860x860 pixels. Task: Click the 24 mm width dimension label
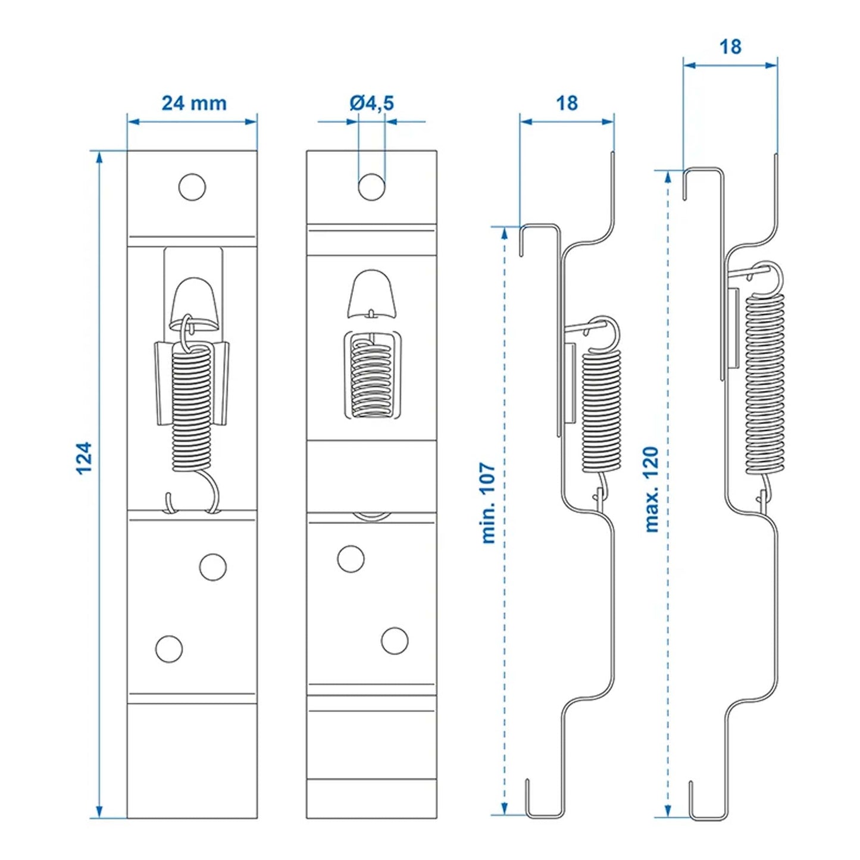tap(194, 103)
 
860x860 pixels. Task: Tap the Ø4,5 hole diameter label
tap(371, 103)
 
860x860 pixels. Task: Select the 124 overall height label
tap(85, 458)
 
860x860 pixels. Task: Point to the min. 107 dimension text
tap(489, 503)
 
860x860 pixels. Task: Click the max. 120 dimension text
tap(652, 489)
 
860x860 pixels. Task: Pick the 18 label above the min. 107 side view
tap(567, 103)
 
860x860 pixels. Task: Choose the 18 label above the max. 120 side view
tap(730, 46)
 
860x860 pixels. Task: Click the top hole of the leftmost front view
tap(192, 187)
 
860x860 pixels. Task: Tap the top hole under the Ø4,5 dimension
tap(371, 187)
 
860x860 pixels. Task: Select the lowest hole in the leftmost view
tap(168, 649)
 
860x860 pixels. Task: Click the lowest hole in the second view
tap(395, 641)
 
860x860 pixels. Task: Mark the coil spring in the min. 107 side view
tap(601, 411)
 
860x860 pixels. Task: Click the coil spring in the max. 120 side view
tap(765, 381)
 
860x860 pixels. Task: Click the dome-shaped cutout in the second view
tap(372, 292)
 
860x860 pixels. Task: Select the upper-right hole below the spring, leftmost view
tap(212, 567)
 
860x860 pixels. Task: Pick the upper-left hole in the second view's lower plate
tap(351, 559)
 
